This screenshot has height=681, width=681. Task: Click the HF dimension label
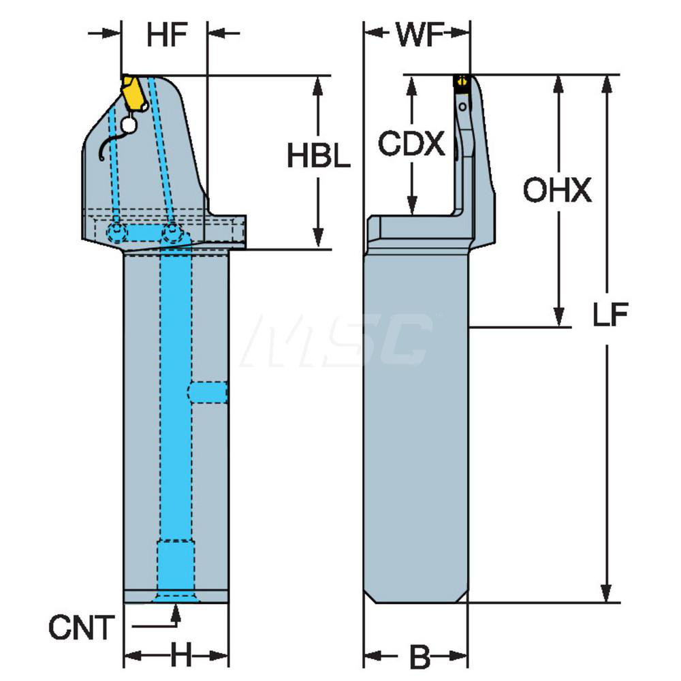pyautogui.click(x=166, y=36)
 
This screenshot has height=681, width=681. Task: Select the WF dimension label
pyautogui.click(x=416, y=36)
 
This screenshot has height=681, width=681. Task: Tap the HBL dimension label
pyautogui.click(x=318, y=157)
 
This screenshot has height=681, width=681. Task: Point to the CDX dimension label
pyautogui.click(x=411, y=144)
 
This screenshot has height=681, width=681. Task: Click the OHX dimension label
pyautogui.click(x=558, y=192)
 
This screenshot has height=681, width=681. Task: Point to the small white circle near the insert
pyautogui.click(x=127, y=125)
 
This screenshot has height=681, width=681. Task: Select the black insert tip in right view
pyautogui.click(x=462, y=82)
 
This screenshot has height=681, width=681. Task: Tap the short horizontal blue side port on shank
pyautogui.click(x=208, y=392)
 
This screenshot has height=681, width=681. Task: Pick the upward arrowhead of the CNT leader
pyautogui.click(x=175, y=612)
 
